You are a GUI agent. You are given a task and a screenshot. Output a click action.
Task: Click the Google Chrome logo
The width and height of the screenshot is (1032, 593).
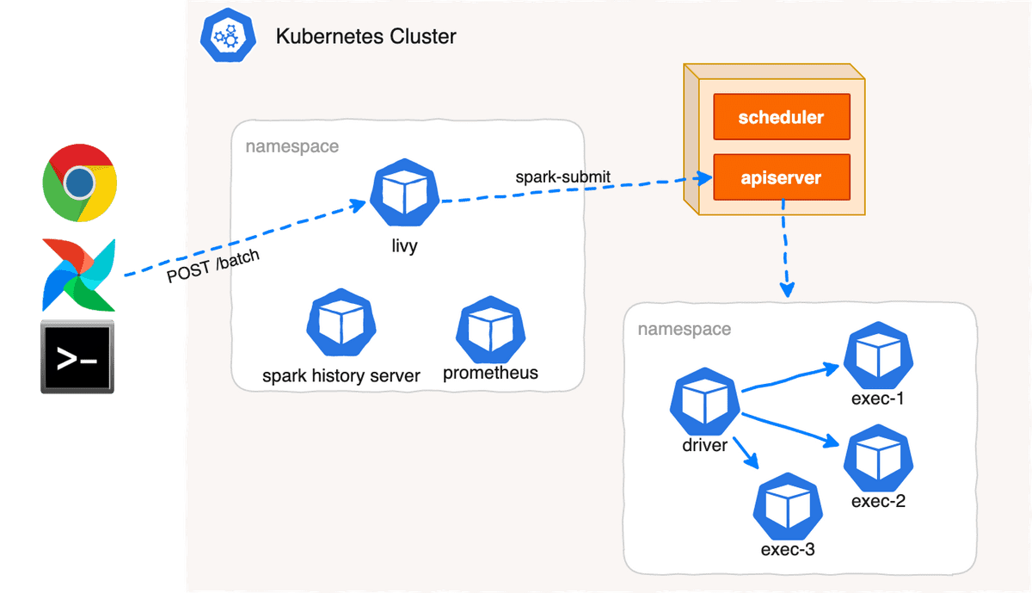point(80,183)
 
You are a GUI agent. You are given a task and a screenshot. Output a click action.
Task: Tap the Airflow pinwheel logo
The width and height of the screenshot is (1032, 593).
point(79,275)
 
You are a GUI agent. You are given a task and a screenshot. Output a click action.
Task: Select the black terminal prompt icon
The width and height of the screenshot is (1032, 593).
point(77,357)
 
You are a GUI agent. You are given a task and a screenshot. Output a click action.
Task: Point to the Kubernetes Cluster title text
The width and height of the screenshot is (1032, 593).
point(365,37)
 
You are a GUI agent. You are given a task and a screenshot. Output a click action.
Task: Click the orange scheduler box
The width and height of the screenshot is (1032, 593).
point(781,117)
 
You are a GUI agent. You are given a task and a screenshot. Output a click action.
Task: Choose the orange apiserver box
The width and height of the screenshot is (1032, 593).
point(781,178)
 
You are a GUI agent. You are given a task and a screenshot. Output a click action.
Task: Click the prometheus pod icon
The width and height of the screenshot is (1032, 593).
point(490,330)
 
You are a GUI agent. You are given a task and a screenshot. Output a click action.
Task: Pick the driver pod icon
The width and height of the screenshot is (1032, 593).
point(704,402)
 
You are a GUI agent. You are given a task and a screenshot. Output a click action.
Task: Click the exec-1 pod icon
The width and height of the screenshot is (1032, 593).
point(877,357)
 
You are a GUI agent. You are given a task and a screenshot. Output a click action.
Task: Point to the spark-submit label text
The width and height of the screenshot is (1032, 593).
point(562,176)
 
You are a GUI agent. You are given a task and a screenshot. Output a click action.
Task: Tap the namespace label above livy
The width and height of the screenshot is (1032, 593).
point(292,146)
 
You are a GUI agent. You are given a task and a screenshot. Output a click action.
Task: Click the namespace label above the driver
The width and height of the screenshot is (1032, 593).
point(684,329)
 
